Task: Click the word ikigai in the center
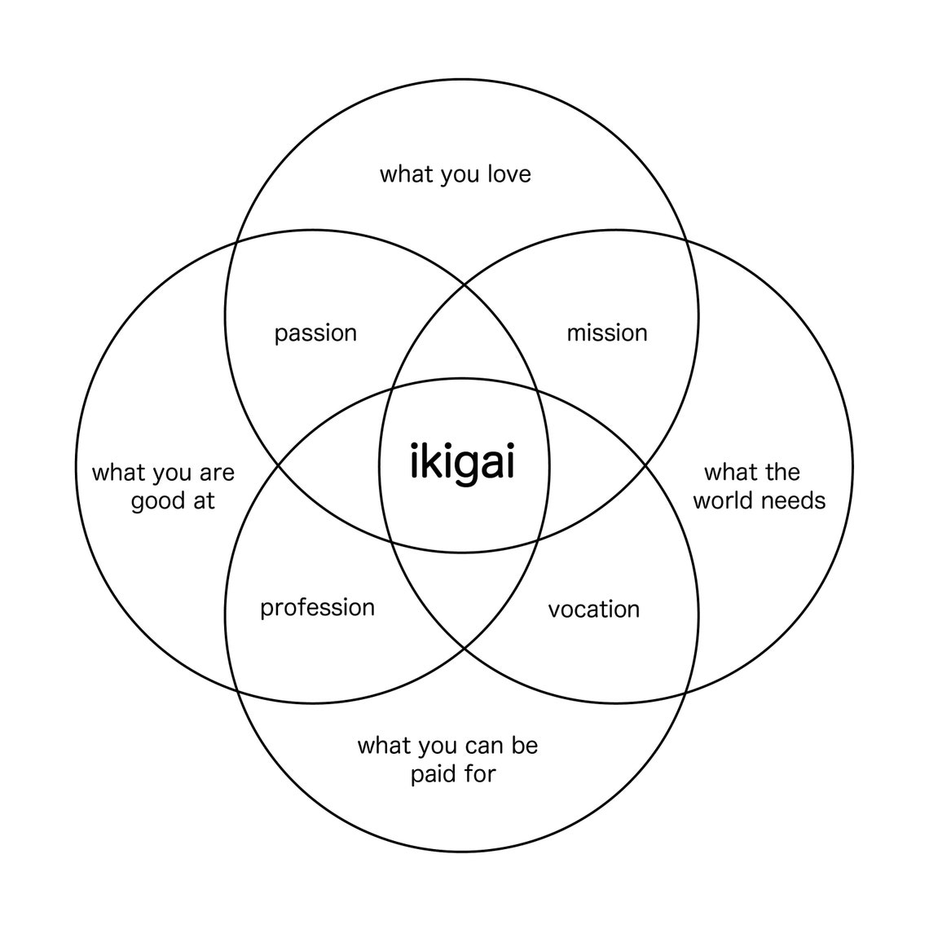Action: click(x=462, y=462)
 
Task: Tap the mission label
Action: click(x=606, y=333)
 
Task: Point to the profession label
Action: click(x=318, y=608)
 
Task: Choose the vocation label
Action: click(x=593, y=610)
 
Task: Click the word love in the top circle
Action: click(x=509, y=174)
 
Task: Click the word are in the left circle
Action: click(x=217, y=474)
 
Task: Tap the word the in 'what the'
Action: click(x=782, y=472)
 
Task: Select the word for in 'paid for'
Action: click(x=479, y=773)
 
